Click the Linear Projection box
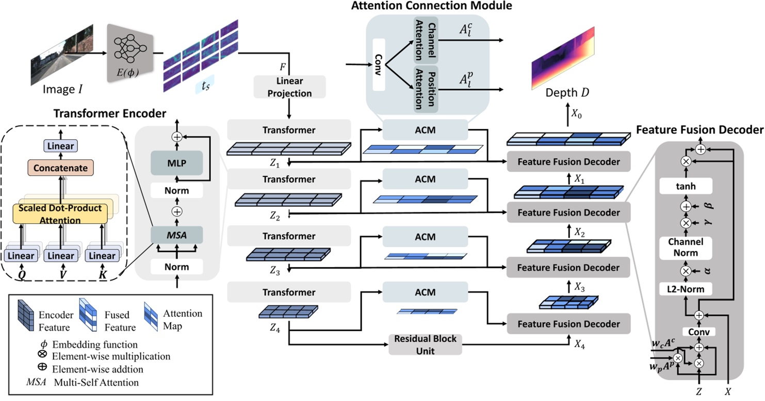290,87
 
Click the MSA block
177,235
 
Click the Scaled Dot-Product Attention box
61,214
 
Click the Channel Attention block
426,37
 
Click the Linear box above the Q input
21,256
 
